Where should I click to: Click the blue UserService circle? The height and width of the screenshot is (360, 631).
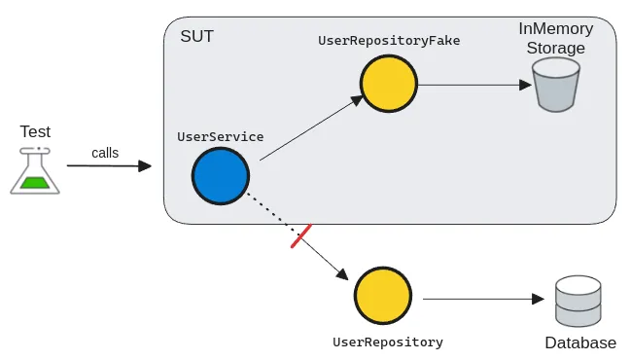pos(221,176)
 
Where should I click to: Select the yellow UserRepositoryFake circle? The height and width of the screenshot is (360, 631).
pos(389,84)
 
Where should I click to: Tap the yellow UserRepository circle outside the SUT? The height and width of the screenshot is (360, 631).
pos(383,296)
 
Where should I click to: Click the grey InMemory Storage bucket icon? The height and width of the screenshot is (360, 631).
pos(556,85)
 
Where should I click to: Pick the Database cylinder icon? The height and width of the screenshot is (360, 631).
pos(578,302)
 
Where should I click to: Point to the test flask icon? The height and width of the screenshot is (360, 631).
pos(35,170)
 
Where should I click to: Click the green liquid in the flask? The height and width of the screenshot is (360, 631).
pos(35,182)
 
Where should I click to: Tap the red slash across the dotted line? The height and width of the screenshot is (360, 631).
pos(301,236)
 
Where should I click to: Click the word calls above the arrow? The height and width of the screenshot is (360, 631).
pos(105,153)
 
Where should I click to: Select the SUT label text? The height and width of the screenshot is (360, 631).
pos(196,36)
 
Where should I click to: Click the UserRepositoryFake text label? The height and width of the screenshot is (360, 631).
pos(389,41)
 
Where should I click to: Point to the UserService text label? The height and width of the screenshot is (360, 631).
pos(221,137)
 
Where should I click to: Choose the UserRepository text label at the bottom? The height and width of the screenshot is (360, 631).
pos(388,342)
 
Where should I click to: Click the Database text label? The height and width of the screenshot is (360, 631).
pos(580,343)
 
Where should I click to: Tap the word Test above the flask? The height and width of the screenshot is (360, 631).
pos(35,131)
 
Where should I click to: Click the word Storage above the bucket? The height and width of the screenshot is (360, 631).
pos(556,48)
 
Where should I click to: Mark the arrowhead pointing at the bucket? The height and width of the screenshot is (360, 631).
pos(525,85)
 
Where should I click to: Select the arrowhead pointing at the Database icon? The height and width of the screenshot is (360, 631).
pos(538,299)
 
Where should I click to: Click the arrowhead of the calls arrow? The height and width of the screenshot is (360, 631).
pos(145,166)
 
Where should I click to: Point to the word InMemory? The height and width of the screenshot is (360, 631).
pos(556,28)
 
